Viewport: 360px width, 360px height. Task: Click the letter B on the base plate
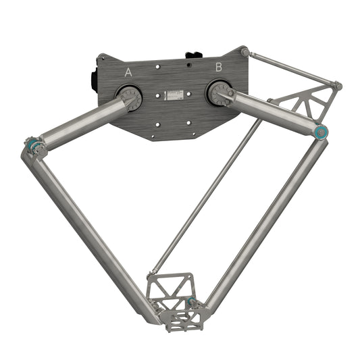tap(218, 67)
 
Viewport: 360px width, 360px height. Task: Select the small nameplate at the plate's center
tap(174, 94)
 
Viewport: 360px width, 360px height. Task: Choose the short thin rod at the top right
tap(290, 68)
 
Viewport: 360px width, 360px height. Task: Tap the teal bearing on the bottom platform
tap(192, 301)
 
